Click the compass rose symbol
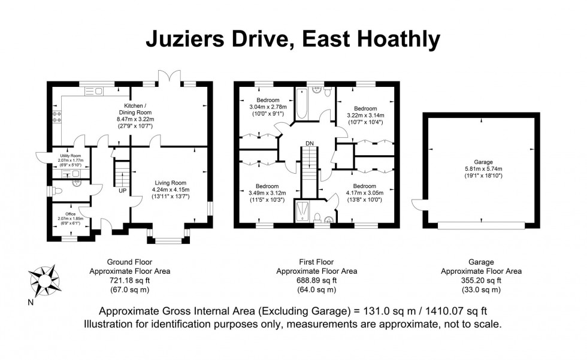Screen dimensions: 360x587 (x=46, y=279)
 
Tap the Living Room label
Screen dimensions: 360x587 (x=171, y=183)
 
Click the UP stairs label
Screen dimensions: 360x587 (x=122, y=191)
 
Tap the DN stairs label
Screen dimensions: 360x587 (x=309, y=143)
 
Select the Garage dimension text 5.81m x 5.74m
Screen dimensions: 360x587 (x=482, y=169)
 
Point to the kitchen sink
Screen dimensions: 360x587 (x=94, y=91)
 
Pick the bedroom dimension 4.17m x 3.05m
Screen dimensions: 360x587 (x=364, y=193)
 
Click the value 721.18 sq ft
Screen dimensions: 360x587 (x=129, y=280)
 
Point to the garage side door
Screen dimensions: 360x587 (x=417, y=204)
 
